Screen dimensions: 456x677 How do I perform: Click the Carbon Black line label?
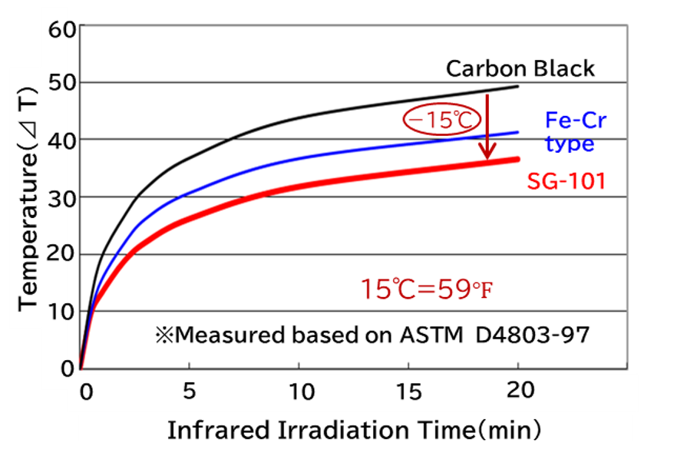[520, 68]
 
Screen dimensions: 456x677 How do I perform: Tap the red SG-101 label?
[566, 180]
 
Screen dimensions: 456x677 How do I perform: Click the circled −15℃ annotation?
[442, 119]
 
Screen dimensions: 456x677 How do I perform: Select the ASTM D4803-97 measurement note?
[372, 335]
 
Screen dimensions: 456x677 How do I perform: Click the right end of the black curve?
[518, 87]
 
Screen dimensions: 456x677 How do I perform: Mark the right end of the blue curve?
[518, 132]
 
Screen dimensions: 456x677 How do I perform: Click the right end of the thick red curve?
[517, 159]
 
